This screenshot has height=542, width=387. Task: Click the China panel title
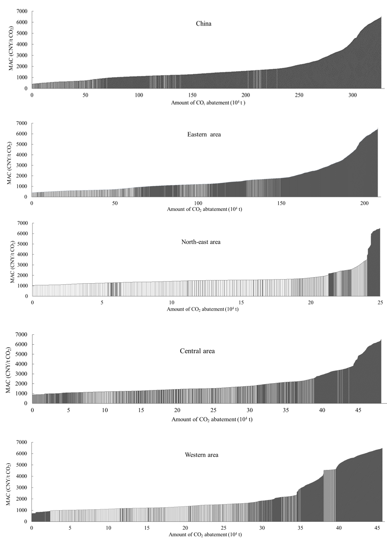pyautogui.click(x=204, y=24)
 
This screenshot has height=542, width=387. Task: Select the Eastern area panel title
pyautogui.click(x=204, y=134)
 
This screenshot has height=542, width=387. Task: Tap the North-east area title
pyautogui.click(x=201, y=242)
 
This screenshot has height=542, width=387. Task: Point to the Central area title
pyautogui.click(x=197, y=351)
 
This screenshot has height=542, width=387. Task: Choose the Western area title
pyautogui.click(x=202, y=455)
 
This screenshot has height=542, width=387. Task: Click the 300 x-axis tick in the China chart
pyautogui.click(x=353, y=95)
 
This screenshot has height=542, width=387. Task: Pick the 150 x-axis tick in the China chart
pyautogui.click(x=192, y=95)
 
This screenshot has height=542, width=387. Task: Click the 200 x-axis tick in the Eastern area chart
pyautogui.click(x=364, y=203)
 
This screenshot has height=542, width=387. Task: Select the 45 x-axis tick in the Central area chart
pyautogui.click(x=358, y=410)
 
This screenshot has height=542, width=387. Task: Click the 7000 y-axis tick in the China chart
pyautogui.click(x=22, y=11)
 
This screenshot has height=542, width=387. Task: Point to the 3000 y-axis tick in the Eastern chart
pyautogui.click(x=22, y=165)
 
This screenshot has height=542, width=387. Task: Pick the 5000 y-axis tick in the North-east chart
pyautogui.click(x=23, y=244)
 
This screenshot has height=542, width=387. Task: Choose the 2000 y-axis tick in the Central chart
pyautogui.click(x=22, y=384)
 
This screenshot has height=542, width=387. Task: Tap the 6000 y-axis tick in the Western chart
pyautogui.click(x=22, y=454)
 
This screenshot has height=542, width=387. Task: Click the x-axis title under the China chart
pyautogui.click(x=208, y=103)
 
